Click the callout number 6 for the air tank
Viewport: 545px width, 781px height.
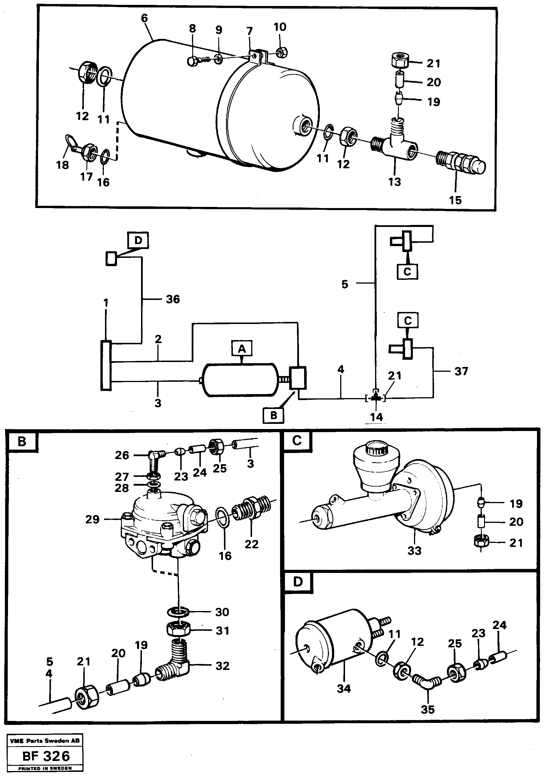(144, 18)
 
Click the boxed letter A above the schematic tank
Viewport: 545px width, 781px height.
(242, 348)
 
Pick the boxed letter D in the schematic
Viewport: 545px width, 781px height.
(138, 240)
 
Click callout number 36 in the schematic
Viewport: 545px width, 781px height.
(173, 299)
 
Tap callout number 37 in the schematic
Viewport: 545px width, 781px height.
(461, 371)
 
